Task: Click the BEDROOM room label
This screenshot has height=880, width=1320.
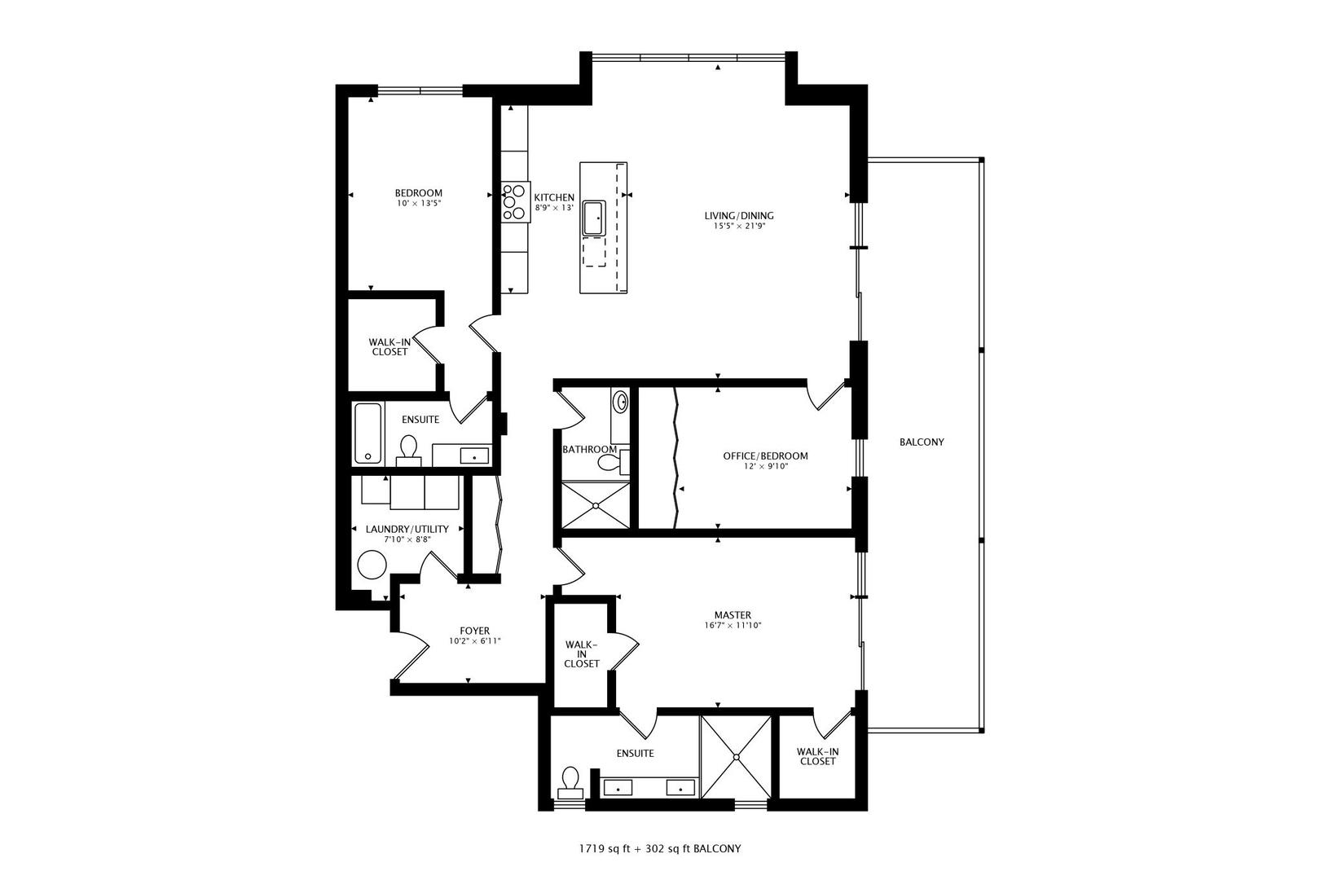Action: pyautogui.click(x=418, y=193)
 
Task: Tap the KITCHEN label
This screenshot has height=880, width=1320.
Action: pyautogui.click(x=554, y=197)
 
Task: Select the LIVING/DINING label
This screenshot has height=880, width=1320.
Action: pyautogui.click(x=739, y=216)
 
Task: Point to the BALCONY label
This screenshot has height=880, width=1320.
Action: pyautogui.click(x=922, y=442)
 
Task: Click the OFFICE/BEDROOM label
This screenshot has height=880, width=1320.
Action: pyautogui.click(x=765, y=455)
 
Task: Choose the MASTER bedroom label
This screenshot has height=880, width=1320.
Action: pyautogui.click(x=733, y=615)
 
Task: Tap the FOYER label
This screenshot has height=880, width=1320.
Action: pyautogui.click(x=474, y=631)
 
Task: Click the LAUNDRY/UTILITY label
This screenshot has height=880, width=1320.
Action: pyautogui.click(x=407, y=530)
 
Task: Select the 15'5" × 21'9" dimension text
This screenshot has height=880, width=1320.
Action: pyautogui.click(x=739, y=226)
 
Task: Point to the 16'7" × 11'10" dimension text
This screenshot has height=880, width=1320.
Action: pyautogui.click(x=733, y=626)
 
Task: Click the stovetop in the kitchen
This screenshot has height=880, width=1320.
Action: pyautogui.click(x=515, y=202)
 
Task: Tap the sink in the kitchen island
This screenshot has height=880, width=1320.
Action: pyautogui.click(x=595, y=218)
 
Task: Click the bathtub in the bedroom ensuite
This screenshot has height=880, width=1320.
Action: pyautogui.click(x=368, y=433)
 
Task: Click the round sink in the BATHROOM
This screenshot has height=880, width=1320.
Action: pyautogui.click(x=621, y=403)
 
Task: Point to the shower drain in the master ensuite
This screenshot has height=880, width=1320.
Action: pyautogui.click(x=736, y=758)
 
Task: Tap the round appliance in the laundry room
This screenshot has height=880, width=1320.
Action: pyautogui.click(x=372, y=565)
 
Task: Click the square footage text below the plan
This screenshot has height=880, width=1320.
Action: pyautogui.click(x=660, y=849)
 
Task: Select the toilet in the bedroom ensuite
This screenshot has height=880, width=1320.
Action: pyautogui.click(x=407, y=451)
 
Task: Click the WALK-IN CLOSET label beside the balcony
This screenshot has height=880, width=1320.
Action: pyautogui.click(x=818, y=757)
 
